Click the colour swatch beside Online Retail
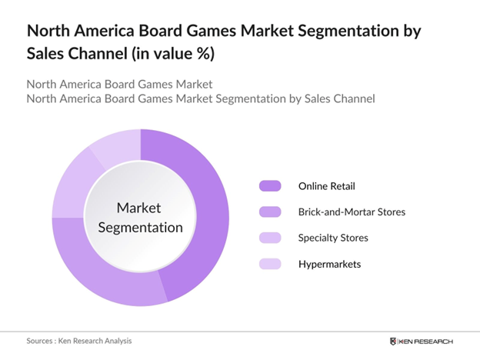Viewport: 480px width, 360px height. point(271,185)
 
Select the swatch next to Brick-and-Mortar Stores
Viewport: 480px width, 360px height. point(271,212)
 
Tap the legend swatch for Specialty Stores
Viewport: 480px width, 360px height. point(271,238)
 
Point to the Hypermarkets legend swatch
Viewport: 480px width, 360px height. point(271,264)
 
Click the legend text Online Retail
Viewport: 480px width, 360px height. point(327,185)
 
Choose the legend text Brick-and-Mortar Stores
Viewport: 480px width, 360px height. point(352,212)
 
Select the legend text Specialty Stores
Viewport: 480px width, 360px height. point(333,238)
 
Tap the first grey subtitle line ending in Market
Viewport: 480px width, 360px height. point(119,84)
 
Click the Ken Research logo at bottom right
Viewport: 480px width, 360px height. point(422,340)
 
